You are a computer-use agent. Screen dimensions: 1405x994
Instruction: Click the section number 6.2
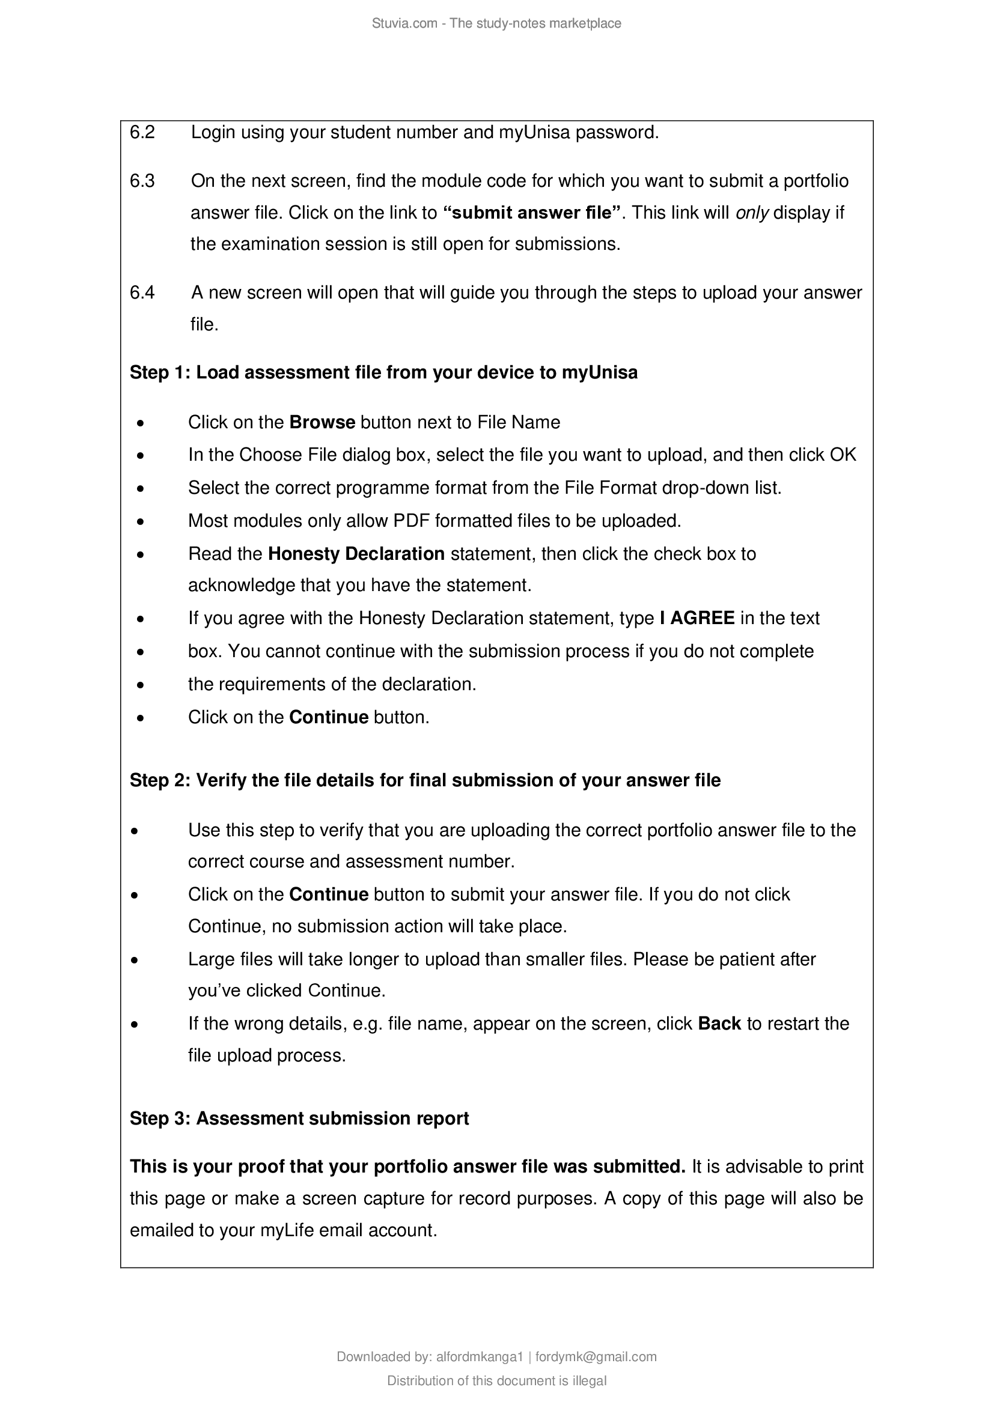pos(142,132)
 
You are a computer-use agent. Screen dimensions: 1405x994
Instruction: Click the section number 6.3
pos(142,181)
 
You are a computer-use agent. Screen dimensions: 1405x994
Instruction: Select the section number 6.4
pos(142,293)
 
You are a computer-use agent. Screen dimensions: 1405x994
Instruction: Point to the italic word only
pos(752,213)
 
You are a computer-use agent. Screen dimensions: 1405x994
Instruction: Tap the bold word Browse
pos(322,422)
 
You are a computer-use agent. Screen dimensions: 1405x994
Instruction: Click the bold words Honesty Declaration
pos(356,554)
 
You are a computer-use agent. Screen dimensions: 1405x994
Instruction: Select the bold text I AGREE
pos(697,618)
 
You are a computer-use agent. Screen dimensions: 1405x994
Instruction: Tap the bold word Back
pos(719,1024)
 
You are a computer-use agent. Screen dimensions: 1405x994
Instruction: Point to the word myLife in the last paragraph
pos(287,1231)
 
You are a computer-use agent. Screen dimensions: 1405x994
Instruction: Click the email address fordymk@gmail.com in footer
pos(596,1358)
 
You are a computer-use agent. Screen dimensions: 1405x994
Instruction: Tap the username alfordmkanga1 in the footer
pos(479,1358)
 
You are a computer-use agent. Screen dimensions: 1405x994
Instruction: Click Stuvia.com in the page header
pos(404,23)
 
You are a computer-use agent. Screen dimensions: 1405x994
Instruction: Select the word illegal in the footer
pos(590,1381)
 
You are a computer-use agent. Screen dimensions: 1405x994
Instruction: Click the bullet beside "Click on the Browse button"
pos(141,423)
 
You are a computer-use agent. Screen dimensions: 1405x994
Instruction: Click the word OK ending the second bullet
pos(843,455)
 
